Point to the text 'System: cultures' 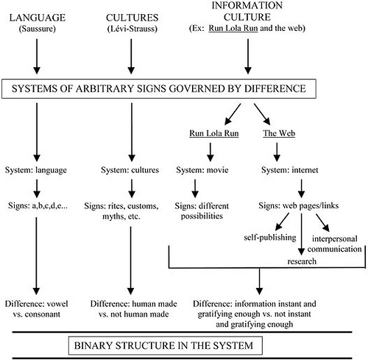(129, 170)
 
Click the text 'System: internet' (291, 170)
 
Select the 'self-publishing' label (272, 237)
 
